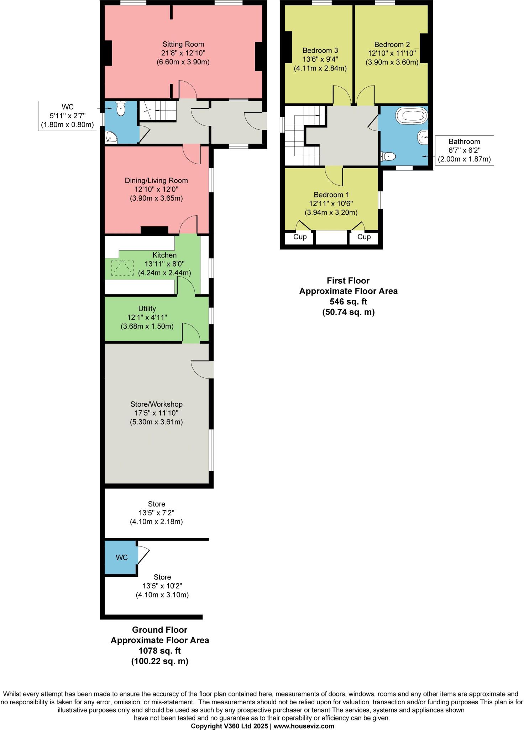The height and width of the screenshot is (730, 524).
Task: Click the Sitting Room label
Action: (183, 44)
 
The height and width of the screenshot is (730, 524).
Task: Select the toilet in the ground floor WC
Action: (121, 108)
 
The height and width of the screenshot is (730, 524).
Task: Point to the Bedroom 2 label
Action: (392, 45)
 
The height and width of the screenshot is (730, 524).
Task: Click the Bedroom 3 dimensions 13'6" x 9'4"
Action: (320, 59)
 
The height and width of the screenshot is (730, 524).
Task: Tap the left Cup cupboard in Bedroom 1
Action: (300, 237)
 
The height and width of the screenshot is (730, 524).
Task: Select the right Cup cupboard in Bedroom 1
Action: (363, 237)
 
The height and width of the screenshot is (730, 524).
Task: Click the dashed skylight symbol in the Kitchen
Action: (122, 268)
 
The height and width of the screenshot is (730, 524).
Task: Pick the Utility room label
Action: (147, 308)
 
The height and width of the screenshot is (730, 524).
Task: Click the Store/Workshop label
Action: (156, 404)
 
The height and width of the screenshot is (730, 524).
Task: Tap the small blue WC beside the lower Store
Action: (121, 557)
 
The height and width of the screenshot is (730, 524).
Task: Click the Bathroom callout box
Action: (464, 150)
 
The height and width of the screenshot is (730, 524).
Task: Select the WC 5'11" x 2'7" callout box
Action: (68, 116)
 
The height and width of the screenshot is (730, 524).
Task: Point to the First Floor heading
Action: (348, 281)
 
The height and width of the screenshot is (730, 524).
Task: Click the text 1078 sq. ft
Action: (159, 651)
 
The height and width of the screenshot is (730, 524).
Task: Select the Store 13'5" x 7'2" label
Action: (156, 513)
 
